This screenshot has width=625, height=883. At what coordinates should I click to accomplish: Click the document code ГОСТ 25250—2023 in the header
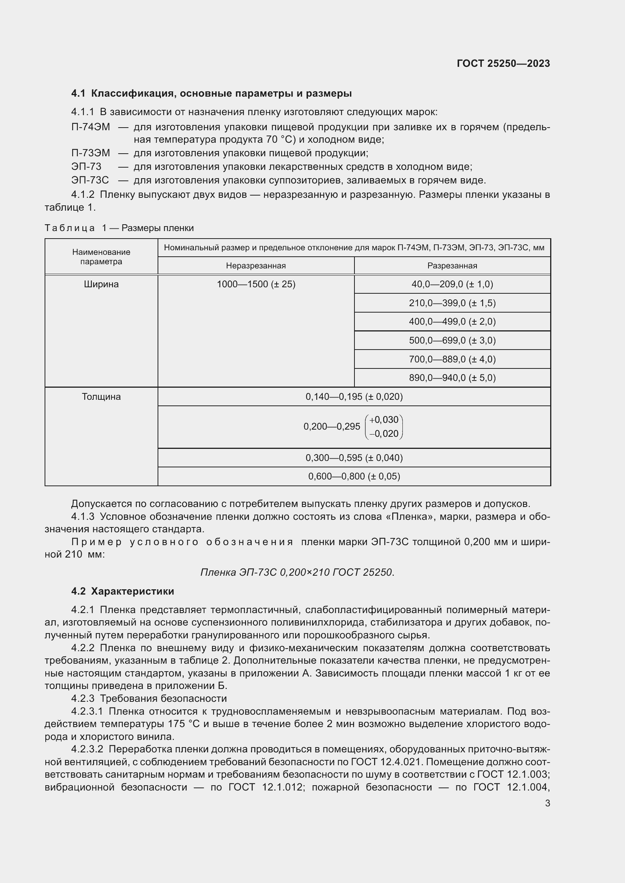503,63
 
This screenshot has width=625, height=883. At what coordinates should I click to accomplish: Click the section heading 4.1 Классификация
211,94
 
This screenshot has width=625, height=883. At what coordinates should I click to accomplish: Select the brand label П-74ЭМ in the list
90,127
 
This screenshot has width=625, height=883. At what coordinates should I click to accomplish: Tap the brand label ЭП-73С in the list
90,180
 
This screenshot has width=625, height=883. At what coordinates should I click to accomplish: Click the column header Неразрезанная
255,265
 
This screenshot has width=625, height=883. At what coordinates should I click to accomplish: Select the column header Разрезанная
452,265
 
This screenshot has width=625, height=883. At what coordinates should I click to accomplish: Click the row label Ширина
101,284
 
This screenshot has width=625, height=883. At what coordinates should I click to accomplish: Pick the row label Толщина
101,396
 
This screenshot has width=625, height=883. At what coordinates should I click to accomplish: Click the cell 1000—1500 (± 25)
256,284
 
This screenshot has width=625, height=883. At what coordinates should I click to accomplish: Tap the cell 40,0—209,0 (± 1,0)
452,284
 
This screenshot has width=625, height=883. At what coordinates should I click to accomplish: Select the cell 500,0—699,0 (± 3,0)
452,341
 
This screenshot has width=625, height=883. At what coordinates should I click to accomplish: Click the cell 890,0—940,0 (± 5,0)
452,378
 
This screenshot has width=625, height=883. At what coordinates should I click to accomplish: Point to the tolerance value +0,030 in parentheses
384,419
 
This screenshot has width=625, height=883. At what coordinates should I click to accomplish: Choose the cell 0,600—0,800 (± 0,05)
354,476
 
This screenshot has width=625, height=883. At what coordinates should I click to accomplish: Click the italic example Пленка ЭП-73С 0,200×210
297,572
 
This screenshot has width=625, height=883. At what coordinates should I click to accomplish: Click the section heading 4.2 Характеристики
122,591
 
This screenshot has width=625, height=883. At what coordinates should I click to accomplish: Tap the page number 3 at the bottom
547,803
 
